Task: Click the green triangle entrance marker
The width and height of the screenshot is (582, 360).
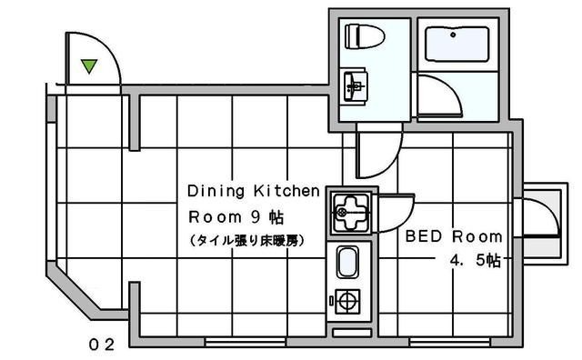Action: click(89, 65)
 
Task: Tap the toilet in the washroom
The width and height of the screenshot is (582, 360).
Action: click(364, 36)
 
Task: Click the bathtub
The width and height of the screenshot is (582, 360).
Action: click(457, 44)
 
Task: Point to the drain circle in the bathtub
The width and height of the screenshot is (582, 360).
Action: click(453, 35)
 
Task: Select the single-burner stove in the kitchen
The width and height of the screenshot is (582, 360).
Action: click(347, 301)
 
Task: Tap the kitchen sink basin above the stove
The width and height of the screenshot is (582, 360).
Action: click(347, 263)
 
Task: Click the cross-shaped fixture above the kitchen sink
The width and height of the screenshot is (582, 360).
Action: click(351, 213)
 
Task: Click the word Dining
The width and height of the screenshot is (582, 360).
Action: click(216, 191)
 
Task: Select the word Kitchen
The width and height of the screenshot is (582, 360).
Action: click(286, 191)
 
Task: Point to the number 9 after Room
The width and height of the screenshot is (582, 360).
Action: click(256, 217)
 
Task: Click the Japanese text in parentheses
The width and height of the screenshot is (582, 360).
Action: click(247, 241)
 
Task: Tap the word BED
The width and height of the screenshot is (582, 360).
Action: click(424, 236)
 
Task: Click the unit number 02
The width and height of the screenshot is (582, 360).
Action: click(101, 345)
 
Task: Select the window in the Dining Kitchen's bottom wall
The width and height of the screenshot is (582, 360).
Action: click(246, 342)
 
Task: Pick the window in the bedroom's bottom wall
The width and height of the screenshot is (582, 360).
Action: click(450, 342)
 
